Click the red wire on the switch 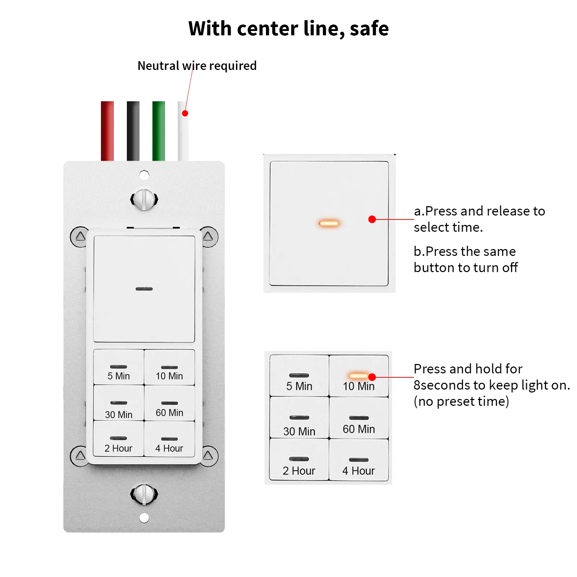point(107,131)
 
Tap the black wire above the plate point(133,131)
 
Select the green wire point(159,131)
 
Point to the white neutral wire point(183,131)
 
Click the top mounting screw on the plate point(144,199)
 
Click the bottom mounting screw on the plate point(144,494)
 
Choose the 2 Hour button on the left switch point(119,439)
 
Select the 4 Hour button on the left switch point(169,439)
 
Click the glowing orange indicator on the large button point(329,223)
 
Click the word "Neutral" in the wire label point(158,66)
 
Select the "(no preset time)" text point(461,401)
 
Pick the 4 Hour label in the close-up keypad point(358,471)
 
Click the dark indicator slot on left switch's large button point(144,289)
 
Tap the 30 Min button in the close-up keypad point(299,418)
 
